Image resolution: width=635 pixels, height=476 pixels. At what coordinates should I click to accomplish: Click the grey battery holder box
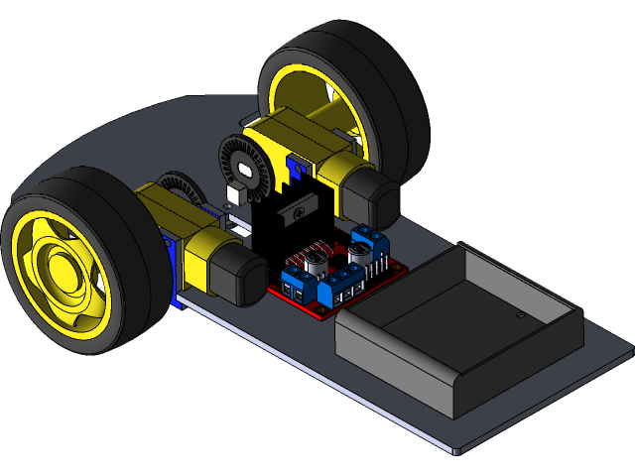pyautogui.click(x=456, y=327)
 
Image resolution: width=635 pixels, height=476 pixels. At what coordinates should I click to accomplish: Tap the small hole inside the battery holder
pyautogui.click(x=519, y=314)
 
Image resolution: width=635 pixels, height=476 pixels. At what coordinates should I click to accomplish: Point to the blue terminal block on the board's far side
pyautogui.click(x=370, y=241)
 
